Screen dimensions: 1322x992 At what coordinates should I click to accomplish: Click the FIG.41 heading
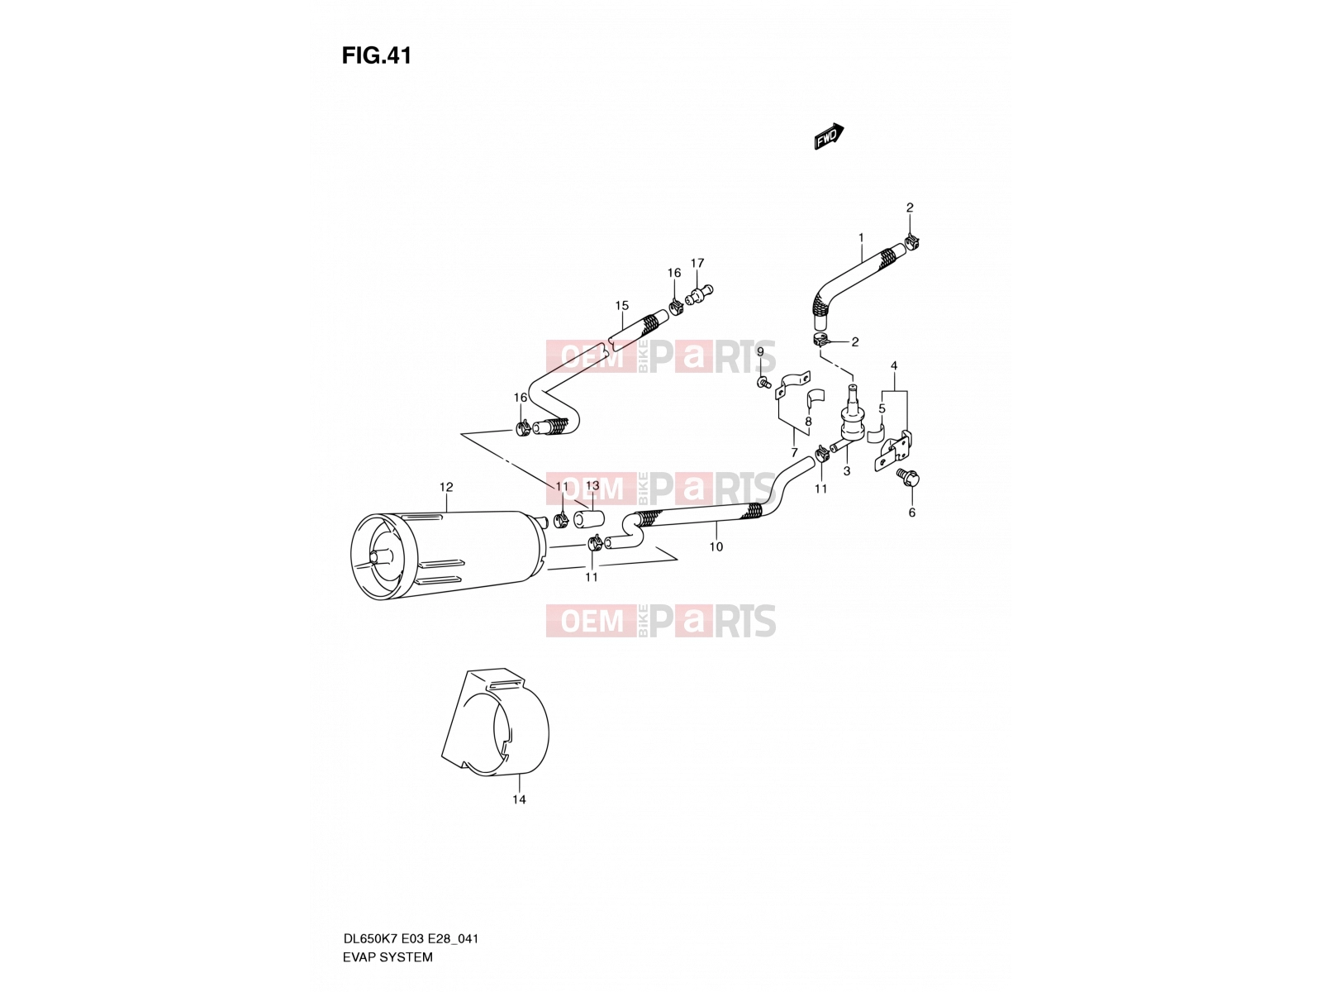click(377, 55)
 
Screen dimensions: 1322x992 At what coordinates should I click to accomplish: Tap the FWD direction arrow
click(829, 136)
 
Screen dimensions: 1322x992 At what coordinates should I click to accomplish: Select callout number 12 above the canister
click(445, 487)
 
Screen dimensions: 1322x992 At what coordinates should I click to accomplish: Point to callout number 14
click(519, 799)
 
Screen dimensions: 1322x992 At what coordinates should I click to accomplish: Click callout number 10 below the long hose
click(716, 546)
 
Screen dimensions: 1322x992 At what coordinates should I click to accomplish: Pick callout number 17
click(697, 263)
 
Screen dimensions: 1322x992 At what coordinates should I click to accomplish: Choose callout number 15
click(621, 305)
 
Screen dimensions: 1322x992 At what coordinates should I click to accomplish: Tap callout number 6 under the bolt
click(911, 513)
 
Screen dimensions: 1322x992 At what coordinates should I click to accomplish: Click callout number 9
click(760, 352)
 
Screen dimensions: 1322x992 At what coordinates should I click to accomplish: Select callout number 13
click(592, 485)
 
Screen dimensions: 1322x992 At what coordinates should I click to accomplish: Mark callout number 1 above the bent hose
click(861, 237)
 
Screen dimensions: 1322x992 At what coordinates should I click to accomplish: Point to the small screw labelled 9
click(763, 383)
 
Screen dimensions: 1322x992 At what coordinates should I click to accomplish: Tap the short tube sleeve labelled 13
click(588, 518)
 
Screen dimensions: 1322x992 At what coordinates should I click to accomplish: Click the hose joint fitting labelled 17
click(698, 294)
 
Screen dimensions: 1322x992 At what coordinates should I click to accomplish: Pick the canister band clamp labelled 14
click(495, 723)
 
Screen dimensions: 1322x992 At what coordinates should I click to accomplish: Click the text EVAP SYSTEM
click(388, 957)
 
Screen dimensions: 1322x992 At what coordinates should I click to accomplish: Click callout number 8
click(807, 422)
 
